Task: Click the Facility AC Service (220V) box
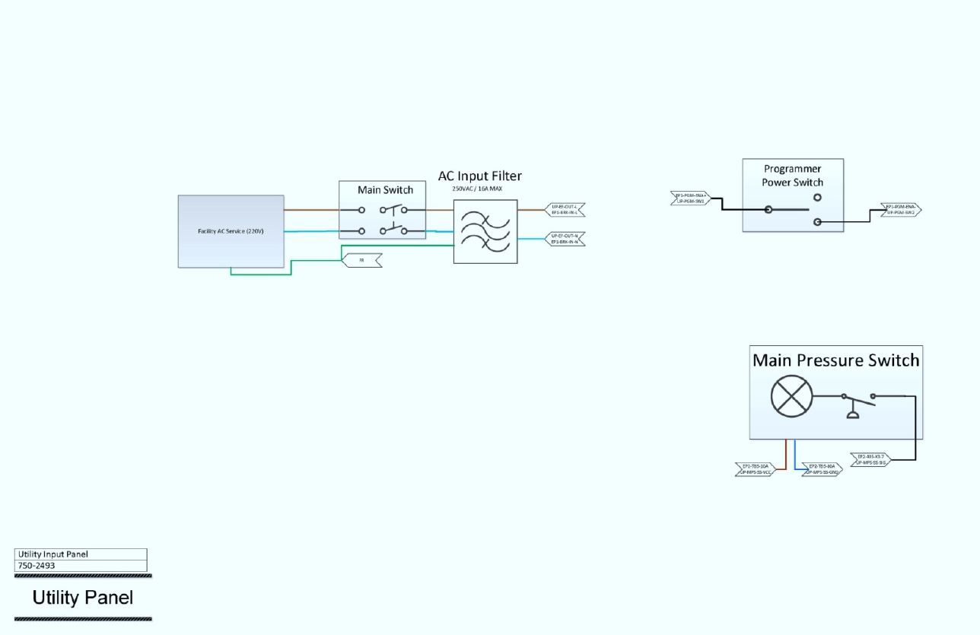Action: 231,231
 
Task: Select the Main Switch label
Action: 385,189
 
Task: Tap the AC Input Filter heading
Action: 479,176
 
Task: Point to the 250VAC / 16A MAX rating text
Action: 477,189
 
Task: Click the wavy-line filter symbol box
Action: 485,231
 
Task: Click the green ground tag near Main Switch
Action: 362,260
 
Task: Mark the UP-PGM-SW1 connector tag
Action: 691,198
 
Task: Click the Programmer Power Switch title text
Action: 793,176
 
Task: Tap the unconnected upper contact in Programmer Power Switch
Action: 817,197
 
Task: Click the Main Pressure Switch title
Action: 835,360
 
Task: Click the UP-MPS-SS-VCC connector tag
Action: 756,468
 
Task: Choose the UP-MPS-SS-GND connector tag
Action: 822,468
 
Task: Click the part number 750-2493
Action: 36,566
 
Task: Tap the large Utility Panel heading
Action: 82,598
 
